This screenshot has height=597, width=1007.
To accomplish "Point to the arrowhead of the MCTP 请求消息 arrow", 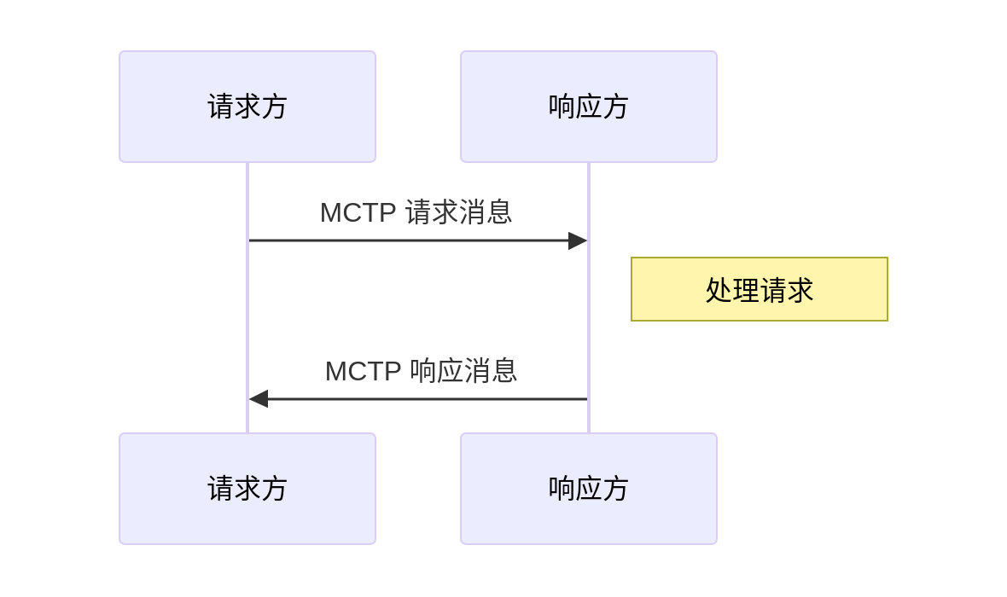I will [578, 241].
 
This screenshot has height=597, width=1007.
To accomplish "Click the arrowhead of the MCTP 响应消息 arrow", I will [259, 399].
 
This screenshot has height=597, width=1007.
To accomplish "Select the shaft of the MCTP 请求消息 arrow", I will [410, 241].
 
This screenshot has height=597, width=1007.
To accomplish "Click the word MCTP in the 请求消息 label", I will [358, 212].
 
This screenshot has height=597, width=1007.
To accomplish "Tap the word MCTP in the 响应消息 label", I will [363, 371].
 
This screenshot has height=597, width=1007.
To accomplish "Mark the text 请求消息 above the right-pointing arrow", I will [458, 212].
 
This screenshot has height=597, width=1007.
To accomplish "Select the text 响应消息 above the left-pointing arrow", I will [463, 371].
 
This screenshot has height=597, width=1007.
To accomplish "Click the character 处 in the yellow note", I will [719, 291].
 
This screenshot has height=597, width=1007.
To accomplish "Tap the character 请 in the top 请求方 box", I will [220, 107].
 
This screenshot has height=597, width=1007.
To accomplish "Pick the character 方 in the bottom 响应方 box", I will [615, 489].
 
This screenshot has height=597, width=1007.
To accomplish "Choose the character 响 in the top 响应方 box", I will [562, 107].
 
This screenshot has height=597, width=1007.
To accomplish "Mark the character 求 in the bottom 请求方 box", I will [247, 489].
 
